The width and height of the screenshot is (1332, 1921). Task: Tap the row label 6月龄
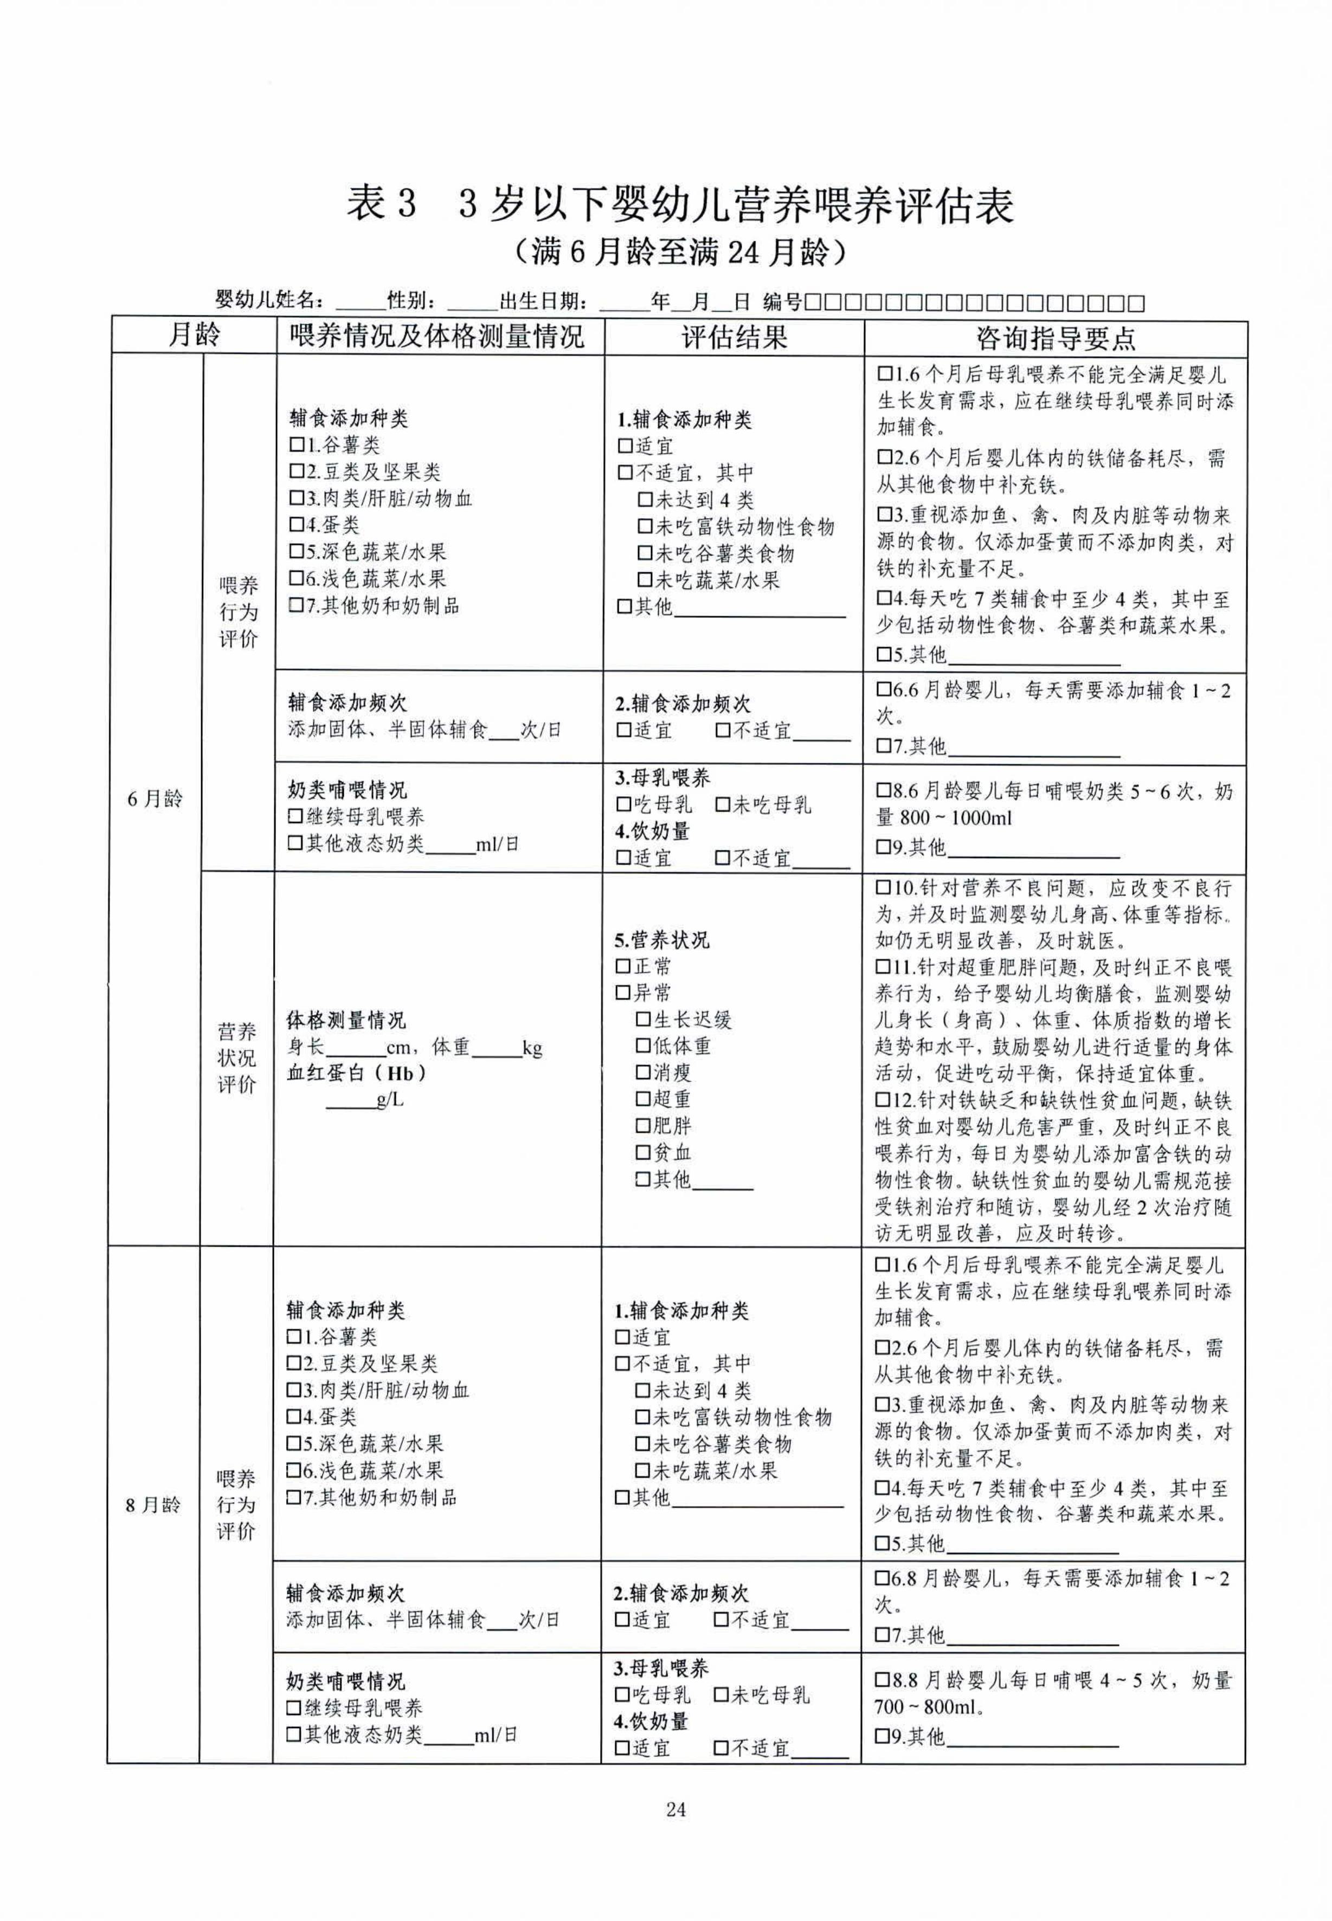tap(155, 798)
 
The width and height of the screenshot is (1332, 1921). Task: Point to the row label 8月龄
tap(153, 1505)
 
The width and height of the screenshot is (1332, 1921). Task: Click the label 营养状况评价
tap(237, 1058)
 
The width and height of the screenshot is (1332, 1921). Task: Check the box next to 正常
tap(622, 966)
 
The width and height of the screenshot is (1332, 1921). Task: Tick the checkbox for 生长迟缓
tap(642, 1020)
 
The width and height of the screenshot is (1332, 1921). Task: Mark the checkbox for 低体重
tap(642, 1047)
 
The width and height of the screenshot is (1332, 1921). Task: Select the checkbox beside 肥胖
tap(642, 1126)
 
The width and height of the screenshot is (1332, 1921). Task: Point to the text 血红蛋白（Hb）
tap(357, 1073)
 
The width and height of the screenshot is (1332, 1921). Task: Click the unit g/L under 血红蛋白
tap(390, 1100)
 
